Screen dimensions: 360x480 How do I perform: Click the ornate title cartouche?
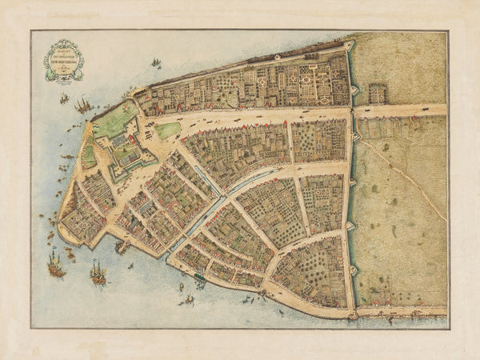click(x=63, y=60)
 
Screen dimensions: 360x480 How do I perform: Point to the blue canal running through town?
click(x=210, y=205)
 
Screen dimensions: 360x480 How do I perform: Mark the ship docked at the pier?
click(x=122, y=247)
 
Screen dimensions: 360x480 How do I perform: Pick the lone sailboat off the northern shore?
click(x=156, y=62)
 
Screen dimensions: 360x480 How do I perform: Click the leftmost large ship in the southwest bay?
click(x=55, y=266)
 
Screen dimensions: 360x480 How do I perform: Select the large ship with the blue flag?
click(x=98, y=274)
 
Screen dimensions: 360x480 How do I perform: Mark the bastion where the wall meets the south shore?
click(x=353, y=314)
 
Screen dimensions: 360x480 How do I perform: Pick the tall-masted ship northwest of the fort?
click(x=82, y=104)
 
